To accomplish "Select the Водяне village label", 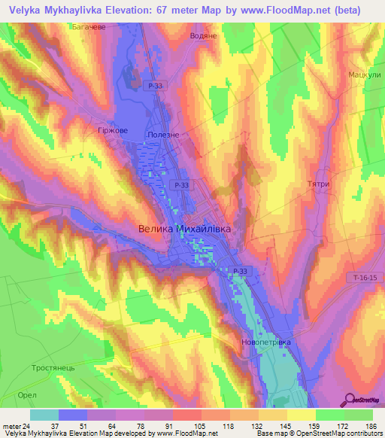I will point(204,35).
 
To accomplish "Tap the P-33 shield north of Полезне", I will point(155,87).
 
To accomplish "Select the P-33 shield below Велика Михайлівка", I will point(240,271).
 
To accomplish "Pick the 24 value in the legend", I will point(28,426).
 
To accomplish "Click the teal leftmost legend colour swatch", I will point(44,414).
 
